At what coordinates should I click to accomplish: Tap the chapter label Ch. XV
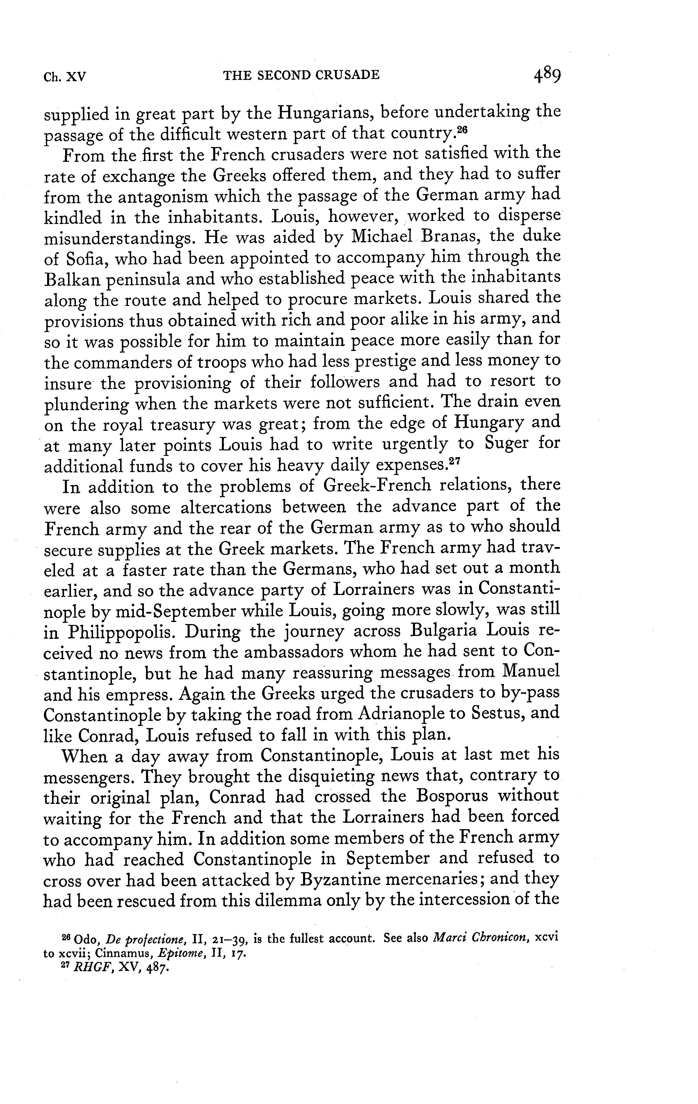65,76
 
